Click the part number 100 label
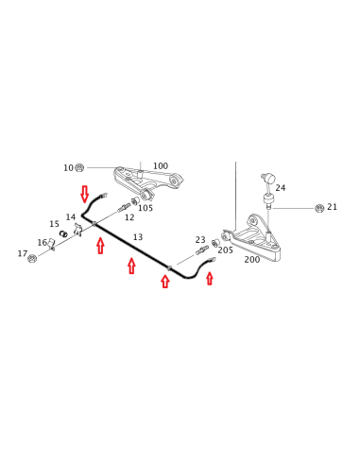[x=161, y=165]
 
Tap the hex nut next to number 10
[x=79, y=167]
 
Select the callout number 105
[x=146, y=208]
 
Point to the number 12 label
[x=129, y=217]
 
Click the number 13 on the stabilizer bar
[x=138, y=237]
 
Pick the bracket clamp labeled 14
[x=78, y=230]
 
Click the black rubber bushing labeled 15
[x=63, y=233]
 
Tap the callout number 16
[x=42, y=243]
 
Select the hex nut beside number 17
[x=32, y=259]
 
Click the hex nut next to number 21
[x=319, y=208]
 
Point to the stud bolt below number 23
[x=202, y=250]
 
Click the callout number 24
[x=281, y=188]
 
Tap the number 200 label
[x=252, y=260]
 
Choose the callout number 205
[x=225, y=250]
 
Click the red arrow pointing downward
[x=84, y=194]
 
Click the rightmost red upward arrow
[x=210, y=279]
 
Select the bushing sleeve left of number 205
[x=215, y=243]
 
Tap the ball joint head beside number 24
[x=266, y=178]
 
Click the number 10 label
[x=68, y=168]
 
